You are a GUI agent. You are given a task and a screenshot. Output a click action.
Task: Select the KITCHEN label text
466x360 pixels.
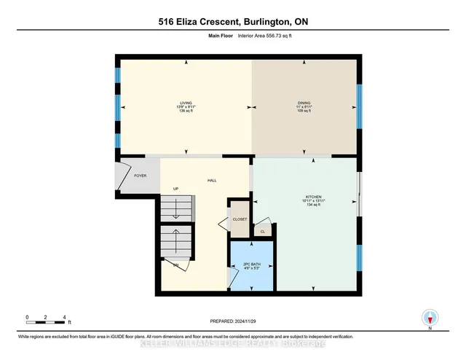click(x=313, y=197)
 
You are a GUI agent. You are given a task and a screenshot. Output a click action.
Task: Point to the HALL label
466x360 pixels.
click(x=212, y=181)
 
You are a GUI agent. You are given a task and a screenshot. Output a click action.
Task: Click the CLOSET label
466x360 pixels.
click(x=240, y=219)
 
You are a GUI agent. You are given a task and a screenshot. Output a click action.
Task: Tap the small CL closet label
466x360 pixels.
click(x=262, y=232)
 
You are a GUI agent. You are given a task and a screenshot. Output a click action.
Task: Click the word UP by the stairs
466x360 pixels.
click(x=175, y=189)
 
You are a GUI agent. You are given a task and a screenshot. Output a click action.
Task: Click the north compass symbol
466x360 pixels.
click(x=430, y=318)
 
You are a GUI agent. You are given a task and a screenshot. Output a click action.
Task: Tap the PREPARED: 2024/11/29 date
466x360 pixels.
click(x=233, y=321)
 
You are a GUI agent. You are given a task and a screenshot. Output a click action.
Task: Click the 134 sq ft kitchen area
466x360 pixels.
click(x=313, y=206)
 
